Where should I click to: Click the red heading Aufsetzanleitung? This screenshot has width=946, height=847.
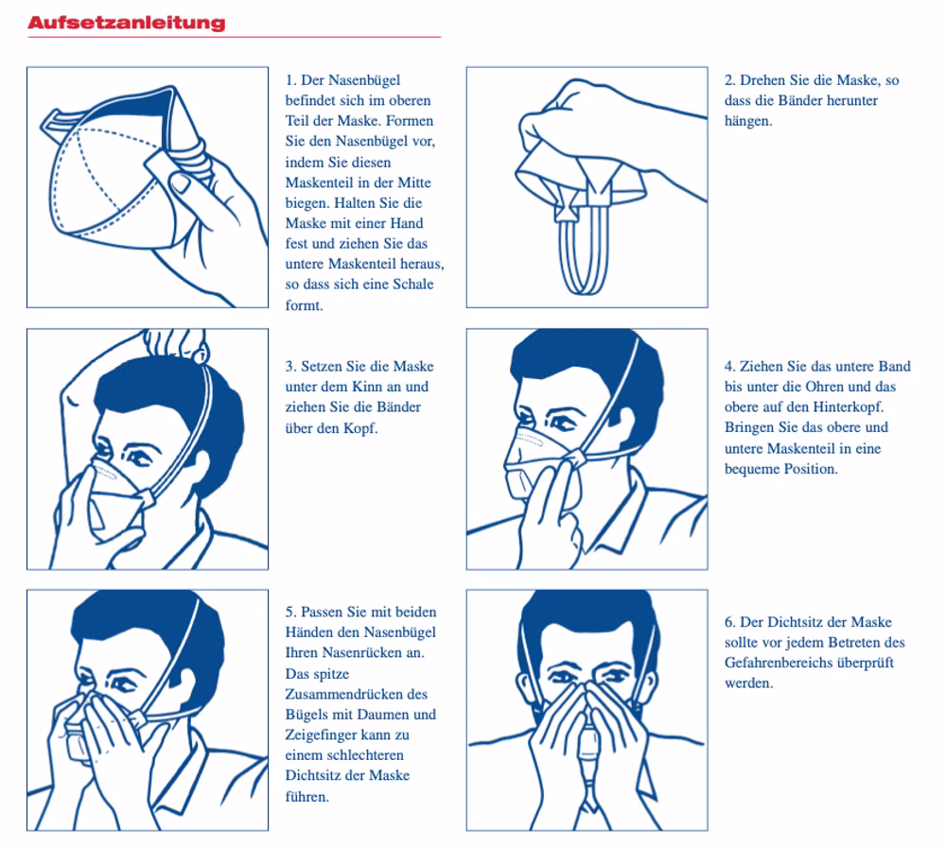(126, 23)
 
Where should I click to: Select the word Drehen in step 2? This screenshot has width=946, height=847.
(762, 80)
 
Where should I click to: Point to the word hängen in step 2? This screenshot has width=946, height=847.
(748, 121)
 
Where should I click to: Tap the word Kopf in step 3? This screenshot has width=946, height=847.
(359, 428)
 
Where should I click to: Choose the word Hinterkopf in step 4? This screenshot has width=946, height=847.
(848, 406)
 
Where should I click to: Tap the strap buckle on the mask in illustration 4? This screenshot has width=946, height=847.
(577, 458)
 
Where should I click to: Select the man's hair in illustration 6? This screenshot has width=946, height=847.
(587, 614)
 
